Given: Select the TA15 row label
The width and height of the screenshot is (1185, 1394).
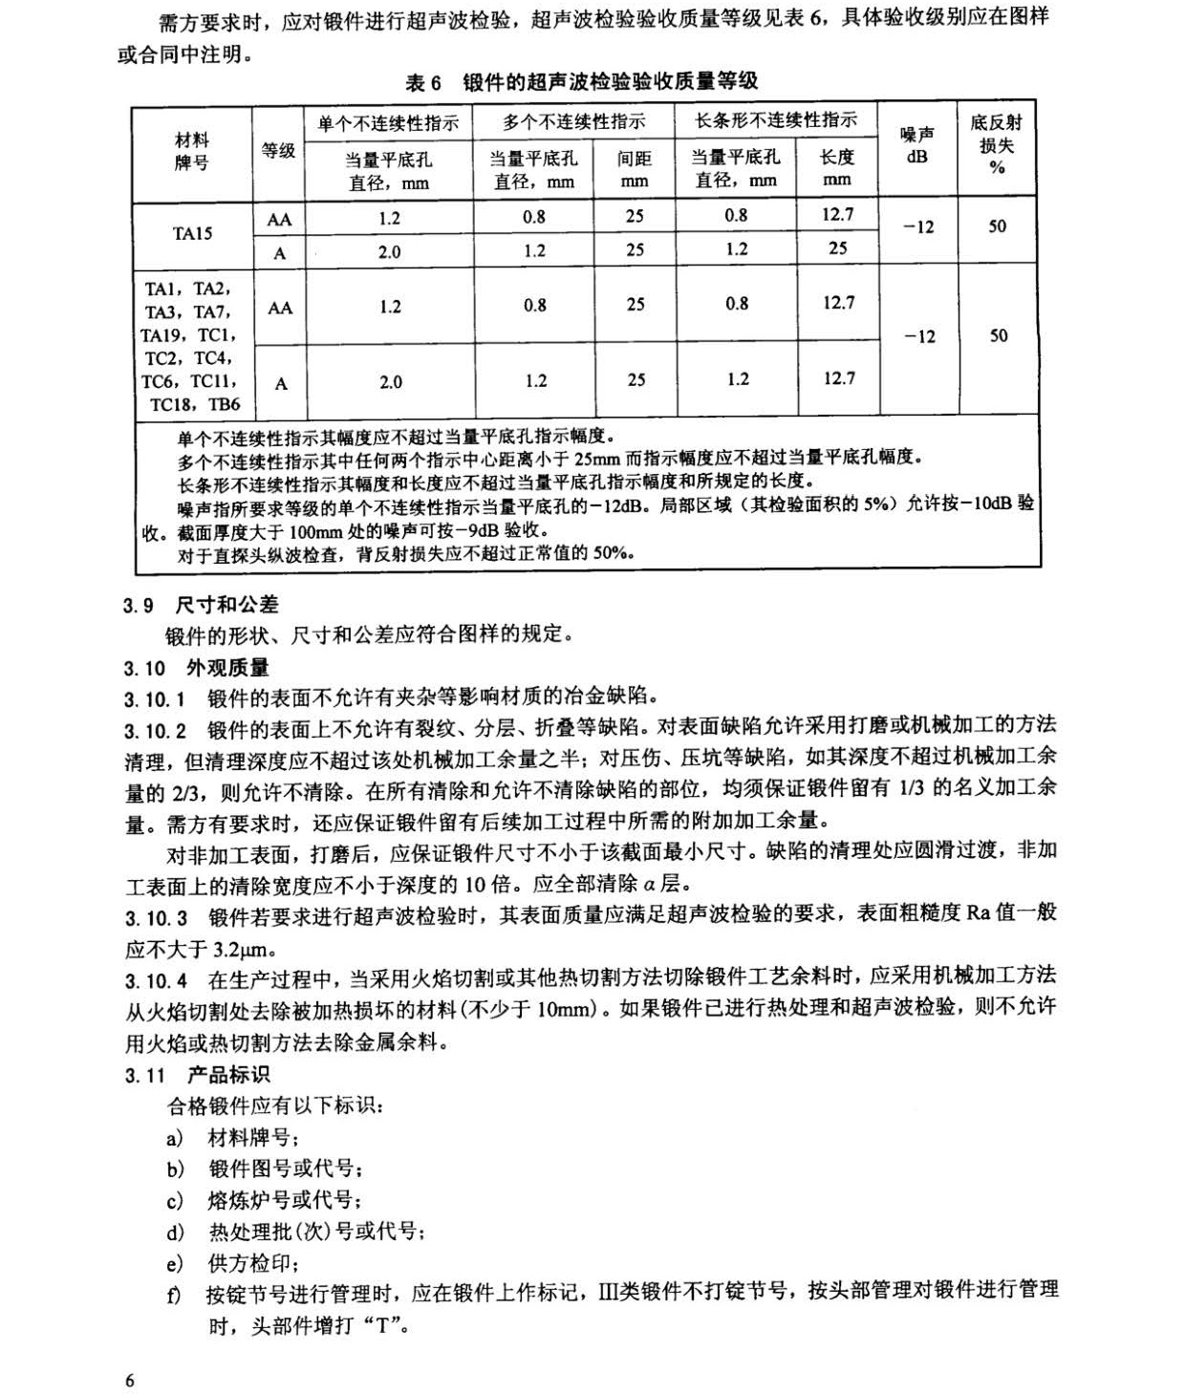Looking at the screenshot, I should click(x=192, y=233).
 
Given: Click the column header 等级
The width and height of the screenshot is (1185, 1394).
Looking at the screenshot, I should click(x=278, y=150).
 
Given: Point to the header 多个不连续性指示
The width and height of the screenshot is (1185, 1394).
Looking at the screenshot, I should click(x=573, y=121).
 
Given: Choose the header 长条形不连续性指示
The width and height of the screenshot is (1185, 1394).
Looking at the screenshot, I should click(x=775, y=120).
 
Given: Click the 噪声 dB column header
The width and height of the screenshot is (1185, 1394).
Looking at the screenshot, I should click(x=917, y=145).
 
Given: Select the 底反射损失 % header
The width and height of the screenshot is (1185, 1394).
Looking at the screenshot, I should click(x=997, y=144).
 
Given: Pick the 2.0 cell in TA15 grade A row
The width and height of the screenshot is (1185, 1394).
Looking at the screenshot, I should click(x=389, y=252).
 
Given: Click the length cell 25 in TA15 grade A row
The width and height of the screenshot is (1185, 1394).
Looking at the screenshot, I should click(x=837, y=248).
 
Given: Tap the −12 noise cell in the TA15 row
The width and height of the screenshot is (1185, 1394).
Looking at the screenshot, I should click(x=917, y=227).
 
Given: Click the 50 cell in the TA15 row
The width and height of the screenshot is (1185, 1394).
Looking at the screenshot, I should click(x=997, y=226).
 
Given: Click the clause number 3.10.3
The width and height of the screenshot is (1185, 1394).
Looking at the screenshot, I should click(x=156, y=918).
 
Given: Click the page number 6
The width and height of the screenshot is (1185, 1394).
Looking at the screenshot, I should click(x=130, y=1380).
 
